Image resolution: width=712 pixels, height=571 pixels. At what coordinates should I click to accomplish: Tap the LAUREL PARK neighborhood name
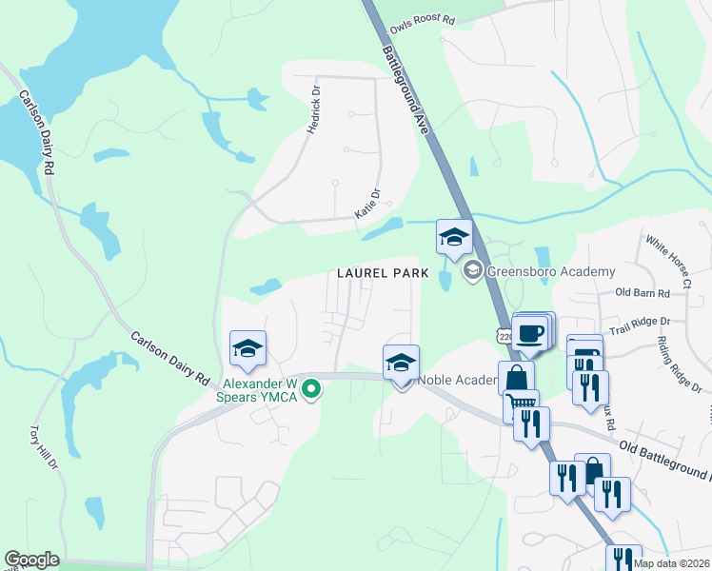point(378,273)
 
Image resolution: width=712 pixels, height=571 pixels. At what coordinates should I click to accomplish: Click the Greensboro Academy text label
point(551,272)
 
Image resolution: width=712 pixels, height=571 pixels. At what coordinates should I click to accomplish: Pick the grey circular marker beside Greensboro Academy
point(472,272)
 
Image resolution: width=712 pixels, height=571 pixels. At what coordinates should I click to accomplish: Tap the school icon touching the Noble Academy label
point(402,363)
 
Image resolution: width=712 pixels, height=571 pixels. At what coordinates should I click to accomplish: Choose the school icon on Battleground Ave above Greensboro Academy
point(454,236)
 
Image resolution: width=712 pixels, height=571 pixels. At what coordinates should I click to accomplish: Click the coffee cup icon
point(532,333)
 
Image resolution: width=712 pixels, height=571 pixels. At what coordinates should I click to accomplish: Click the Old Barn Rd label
point(643,292)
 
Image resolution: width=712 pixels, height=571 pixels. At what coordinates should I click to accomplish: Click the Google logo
point(32,560)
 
